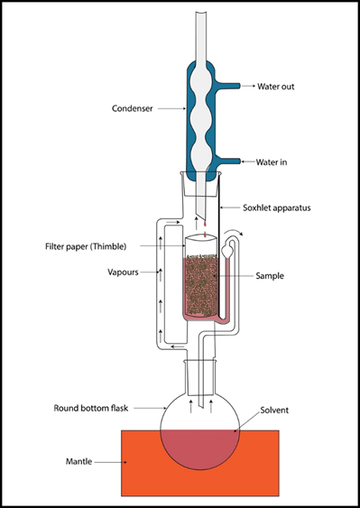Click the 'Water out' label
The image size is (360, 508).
(x=276, y=87)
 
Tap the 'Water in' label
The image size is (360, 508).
(x=272, y=162)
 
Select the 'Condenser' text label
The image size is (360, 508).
(x=133, y=108)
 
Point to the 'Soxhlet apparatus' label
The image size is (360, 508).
(x=277, y=208)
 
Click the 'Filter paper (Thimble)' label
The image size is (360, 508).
(x=86, y=246)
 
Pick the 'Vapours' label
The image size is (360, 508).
(x=123, y=272)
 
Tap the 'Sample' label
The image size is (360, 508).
(x=270, y=276)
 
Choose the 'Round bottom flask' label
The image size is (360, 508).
(x=91, y=408)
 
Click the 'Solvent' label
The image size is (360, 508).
(x=274, y=411)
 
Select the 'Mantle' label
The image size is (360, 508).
(x=78, y=461)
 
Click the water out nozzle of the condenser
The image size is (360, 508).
(x=227, y=86)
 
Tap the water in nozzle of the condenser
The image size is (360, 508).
(x=229, y=161)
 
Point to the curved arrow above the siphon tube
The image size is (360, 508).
(x=234, y=231)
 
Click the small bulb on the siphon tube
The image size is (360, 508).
(x=227, y=251)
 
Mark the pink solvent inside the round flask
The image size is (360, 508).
(x=200, y=448)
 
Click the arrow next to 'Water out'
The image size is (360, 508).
(x=248, y=86)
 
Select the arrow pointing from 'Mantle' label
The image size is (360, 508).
(x=110, y=462)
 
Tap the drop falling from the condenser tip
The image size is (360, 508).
(x=205, y=224)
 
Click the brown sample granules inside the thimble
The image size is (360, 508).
(x=200, y=286)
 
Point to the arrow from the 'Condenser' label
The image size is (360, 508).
(x=171, y=108)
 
